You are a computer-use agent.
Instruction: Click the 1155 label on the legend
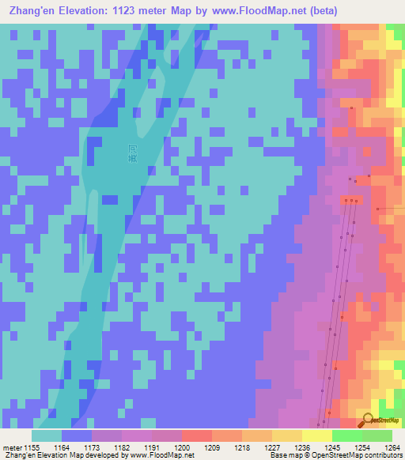32,448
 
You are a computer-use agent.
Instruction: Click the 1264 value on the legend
392,448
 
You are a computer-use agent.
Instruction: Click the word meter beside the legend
11,448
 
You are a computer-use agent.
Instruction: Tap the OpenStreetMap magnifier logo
367,420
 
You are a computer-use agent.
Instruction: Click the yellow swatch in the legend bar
317,435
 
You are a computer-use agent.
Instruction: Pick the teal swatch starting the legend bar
47,435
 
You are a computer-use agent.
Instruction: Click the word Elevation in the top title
89,11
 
